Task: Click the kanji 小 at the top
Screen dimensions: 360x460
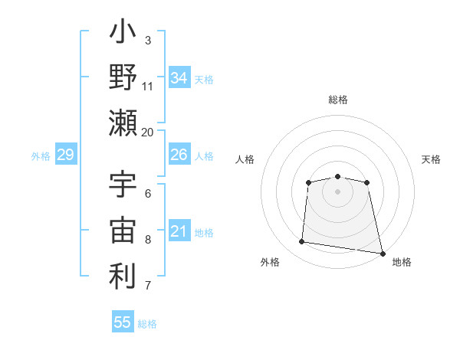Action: [123, 34]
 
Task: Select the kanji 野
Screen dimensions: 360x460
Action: [123, 77]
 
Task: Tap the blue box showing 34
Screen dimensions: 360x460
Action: [179, 77]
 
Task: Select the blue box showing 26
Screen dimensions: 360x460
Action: [179, 155]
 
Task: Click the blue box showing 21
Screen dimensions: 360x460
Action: [179, 231]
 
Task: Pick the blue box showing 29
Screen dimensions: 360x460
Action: [65, 155]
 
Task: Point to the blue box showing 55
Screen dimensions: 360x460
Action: [123, 322]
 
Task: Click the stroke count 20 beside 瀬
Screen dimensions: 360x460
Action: [147, 132]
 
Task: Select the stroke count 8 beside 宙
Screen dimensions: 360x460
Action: [148, 240]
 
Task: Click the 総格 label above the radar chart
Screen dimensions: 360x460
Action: [337, 100]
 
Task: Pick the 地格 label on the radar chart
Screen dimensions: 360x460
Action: [402, 262]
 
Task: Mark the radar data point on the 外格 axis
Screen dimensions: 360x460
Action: [301, 242]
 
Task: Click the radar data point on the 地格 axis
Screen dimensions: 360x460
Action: [382, 253]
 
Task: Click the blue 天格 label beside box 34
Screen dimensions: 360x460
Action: [204, 79]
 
